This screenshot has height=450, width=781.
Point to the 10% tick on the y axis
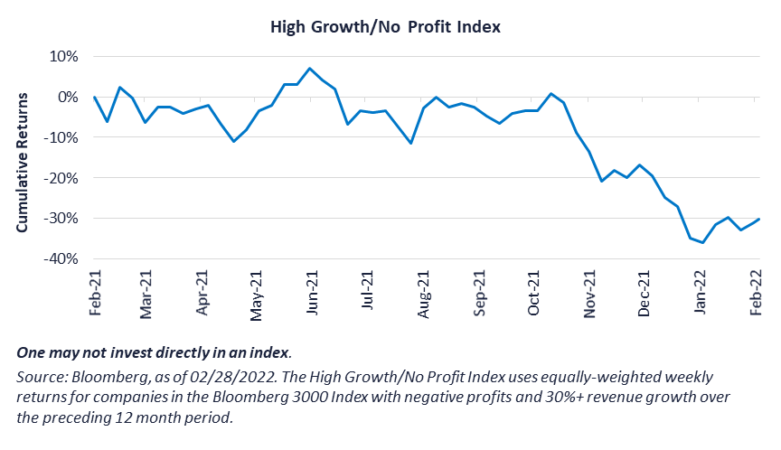pos(66,56)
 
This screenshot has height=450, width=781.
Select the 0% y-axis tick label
pos(70,97)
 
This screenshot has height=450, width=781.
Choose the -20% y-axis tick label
pos(63,178)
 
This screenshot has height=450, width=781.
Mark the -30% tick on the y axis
pos(63,219)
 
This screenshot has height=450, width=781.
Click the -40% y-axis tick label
pos(63,259)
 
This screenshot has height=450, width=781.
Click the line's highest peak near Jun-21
pos(310,69)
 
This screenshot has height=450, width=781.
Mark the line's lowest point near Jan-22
pos(703,242)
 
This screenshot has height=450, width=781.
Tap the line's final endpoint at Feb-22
pos(757,219)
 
